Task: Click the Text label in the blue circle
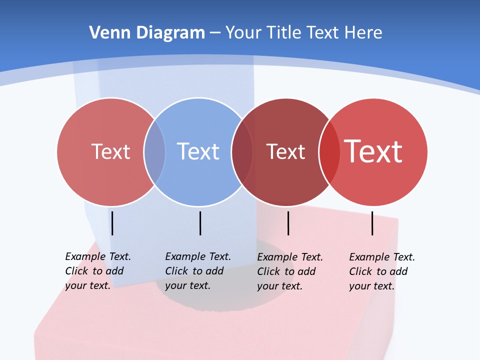[198, 151]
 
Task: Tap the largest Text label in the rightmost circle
[373, 151]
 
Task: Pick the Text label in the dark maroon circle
[285, 151]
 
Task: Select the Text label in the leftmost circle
[110, 151]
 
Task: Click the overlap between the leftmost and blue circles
[155, 151]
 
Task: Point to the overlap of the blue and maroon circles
[242, 151]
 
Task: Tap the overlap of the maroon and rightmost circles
[329, 151]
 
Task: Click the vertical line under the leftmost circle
[112, 223]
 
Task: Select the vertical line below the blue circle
[200, 223]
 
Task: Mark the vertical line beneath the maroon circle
[288, 223]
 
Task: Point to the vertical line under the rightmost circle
[372, 223]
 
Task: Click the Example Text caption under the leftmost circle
[98, 271]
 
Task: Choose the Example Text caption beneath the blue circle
[198, 271]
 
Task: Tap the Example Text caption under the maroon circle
[290, 271]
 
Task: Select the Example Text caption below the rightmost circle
[382, 271]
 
